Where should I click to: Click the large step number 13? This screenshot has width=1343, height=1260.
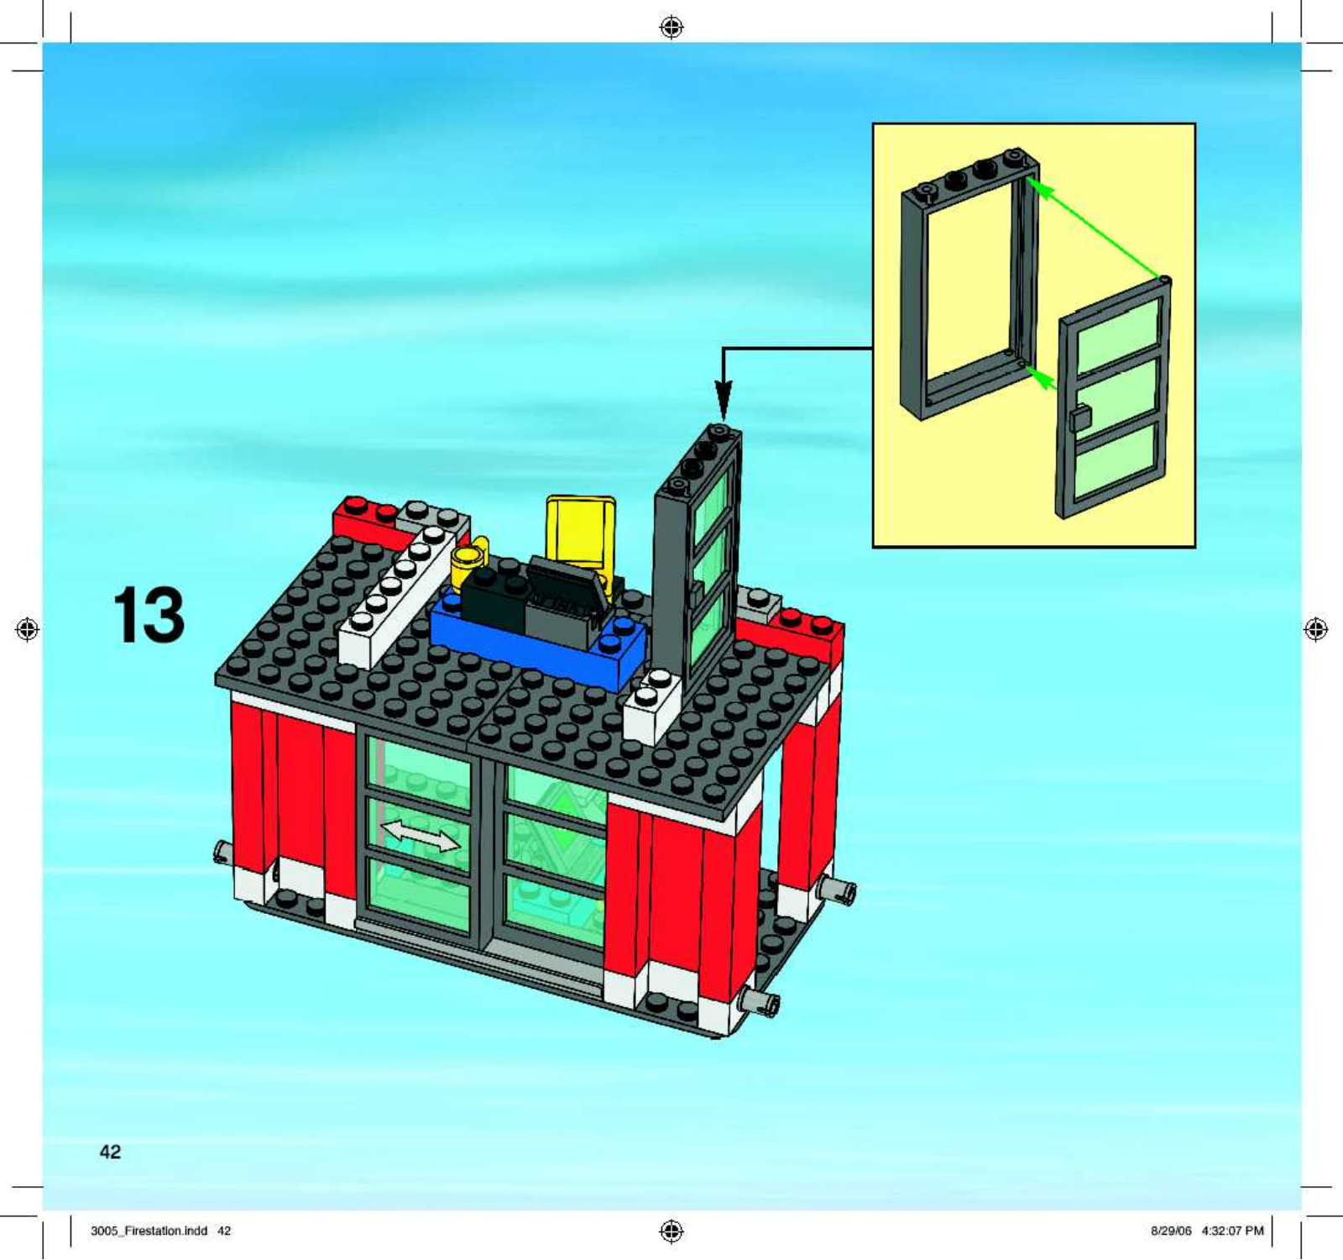pyautogui.click(x=149, y=615)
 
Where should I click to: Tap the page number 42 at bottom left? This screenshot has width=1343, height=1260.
pyautogui.click(x=110, y=1152)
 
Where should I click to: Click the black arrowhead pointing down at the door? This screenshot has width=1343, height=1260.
pyautogui.click(x=724, y=400)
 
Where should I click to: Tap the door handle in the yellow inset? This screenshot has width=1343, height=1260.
pyautogui.click(x=1080, y=417)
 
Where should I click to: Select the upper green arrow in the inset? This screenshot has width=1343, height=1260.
pyautogui.click(x=1099, y=227)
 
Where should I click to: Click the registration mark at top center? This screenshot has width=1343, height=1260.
pyautogui.click(x=671, y=28)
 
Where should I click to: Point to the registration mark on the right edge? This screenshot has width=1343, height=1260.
pyautogui.click(x=1316, y=629)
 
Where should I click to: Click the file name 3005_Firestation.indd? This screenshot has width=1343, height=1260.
pyautogui.click(x=149, y=1231)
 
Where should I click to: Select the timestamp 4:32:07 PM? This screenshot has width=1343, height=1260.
pyautogui.click(x=1232, y=1231)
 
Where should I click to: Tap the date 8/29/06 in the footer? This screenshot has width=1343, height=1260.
pyautogui.click(x=1171, y=1231)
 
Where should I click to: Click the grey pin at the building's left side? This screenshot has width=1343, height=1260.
pyautogui.click(x=222, y=853)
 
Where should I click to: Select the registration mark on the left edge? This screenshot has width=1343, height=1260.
pyautogui.click(x=28, y=629)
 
